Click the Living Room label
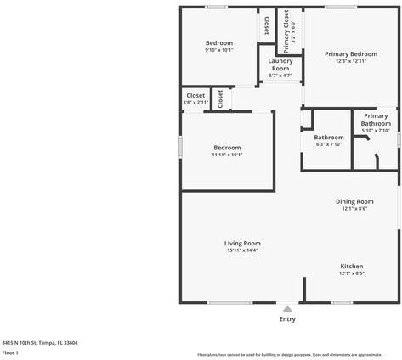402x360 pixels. pyautogui.click(x=242, y=243)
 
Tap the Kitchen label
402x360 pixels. pyautogui.click(x=352, y=266)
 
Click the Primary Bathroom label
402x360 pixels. pyautogui.click(x=376, y=120)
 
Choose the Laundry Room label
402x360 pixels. pyautogui.click(x=280, y=65)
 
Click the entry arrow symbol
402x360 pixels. pyautogui.click(x=287, y=308)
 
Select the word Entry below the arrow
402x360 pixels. pyautogui.click(x=287, y=319)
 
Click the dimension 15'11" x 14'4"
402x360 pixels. pyautogui.click(x=242, y=250)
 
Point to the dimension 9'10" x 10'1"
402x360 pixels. pyautogui.click(x=218, y=50)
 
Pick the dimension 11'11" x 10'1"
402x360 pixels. pyautogui.click(x=227, y=155)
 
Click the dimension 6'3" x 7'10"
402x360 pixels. pyautogui.click(x=328, y=144)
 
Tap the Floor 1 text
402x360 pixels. pyautogui.click(x=10, y=352)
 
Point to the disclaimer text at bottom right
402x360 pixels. pyautogui.click(x=289, y=354)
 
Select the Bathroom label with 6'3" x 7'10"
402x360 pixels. pyautogui.click(x=329, y=138)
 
